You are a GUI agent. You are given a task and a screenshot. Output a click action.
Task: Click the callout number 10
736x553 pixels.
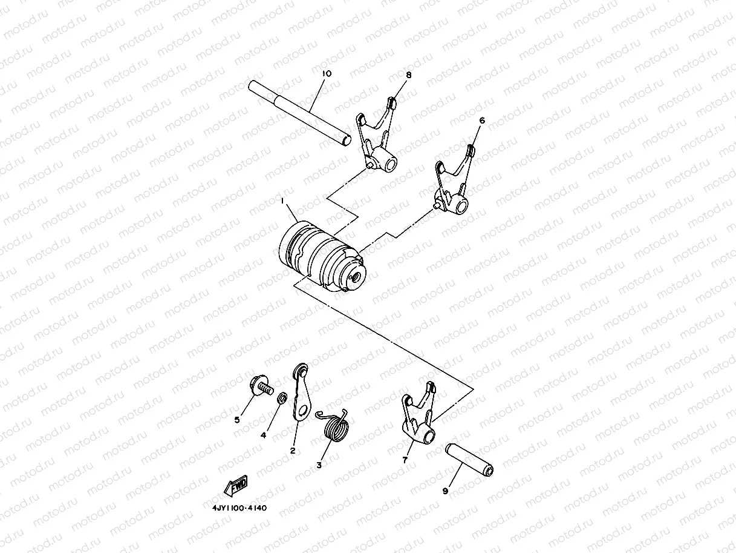pyautogui.click(x=327, y=73)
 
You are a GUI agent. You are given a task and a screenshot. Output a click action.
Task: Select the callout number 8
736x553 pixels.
pyautogui.click(x=409, y=75)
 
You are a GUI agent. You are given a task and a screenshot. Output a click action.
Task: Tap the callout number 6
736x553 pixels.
pyautogui.click(x=482, y=121)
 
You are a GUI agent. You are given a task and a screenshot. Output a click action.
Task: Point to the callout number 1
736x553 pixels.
pyautogui.click(x=282, y=199)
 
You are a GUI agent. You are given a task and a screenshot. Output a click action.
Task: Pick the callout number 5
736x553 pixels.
pyautogui.click(x=238, y=419)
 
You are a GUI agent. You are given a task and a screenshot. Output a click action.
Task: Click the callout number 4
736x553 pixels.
pyautogui.click(x=264, y=434)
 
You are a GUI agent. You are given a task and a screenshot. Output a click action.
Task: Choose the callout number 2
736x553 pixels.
pyautogui.click(x=292, y=450)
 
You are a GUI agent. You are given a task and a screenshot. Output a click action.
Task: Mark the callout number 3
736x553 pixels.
pyautogui.click(x=319, y=465)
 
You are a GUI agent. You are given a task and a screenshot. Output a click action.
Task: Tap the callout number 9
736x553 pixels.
pyautogui.click(x=445, y=491)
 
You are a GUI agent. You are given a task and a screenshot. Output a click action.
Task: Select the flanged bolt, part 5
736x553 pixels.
pyautogui.click(x=259, y=385)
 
